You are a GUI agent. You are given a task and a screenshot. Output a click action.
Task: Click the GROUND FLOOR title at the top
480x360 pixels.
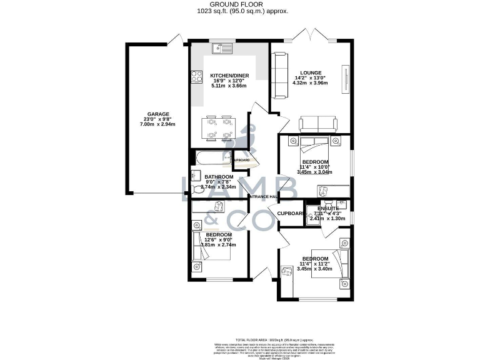240,4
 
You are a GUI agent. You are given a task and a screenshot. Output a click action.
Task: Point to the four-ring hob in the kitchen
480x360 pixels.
196,77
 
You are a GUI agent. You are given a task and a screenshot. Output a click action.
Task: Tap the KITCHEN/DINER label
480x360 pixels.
229,76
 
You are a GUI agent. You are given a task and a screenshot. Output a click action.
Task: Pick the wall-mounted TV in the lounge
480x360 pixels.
343,79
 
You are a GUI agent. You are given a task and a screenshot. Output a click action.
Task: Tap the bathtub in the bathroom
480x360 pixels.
211,159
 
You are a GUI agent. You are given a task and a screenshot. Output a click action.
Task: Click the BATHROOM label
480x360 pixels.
219,176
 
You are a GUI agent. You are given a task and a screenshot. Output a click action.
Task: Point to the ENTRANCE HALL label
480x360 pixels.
263,197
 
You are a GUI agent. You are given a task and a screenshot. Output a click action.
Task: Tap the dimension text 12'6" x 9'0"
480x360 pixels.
214,240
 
